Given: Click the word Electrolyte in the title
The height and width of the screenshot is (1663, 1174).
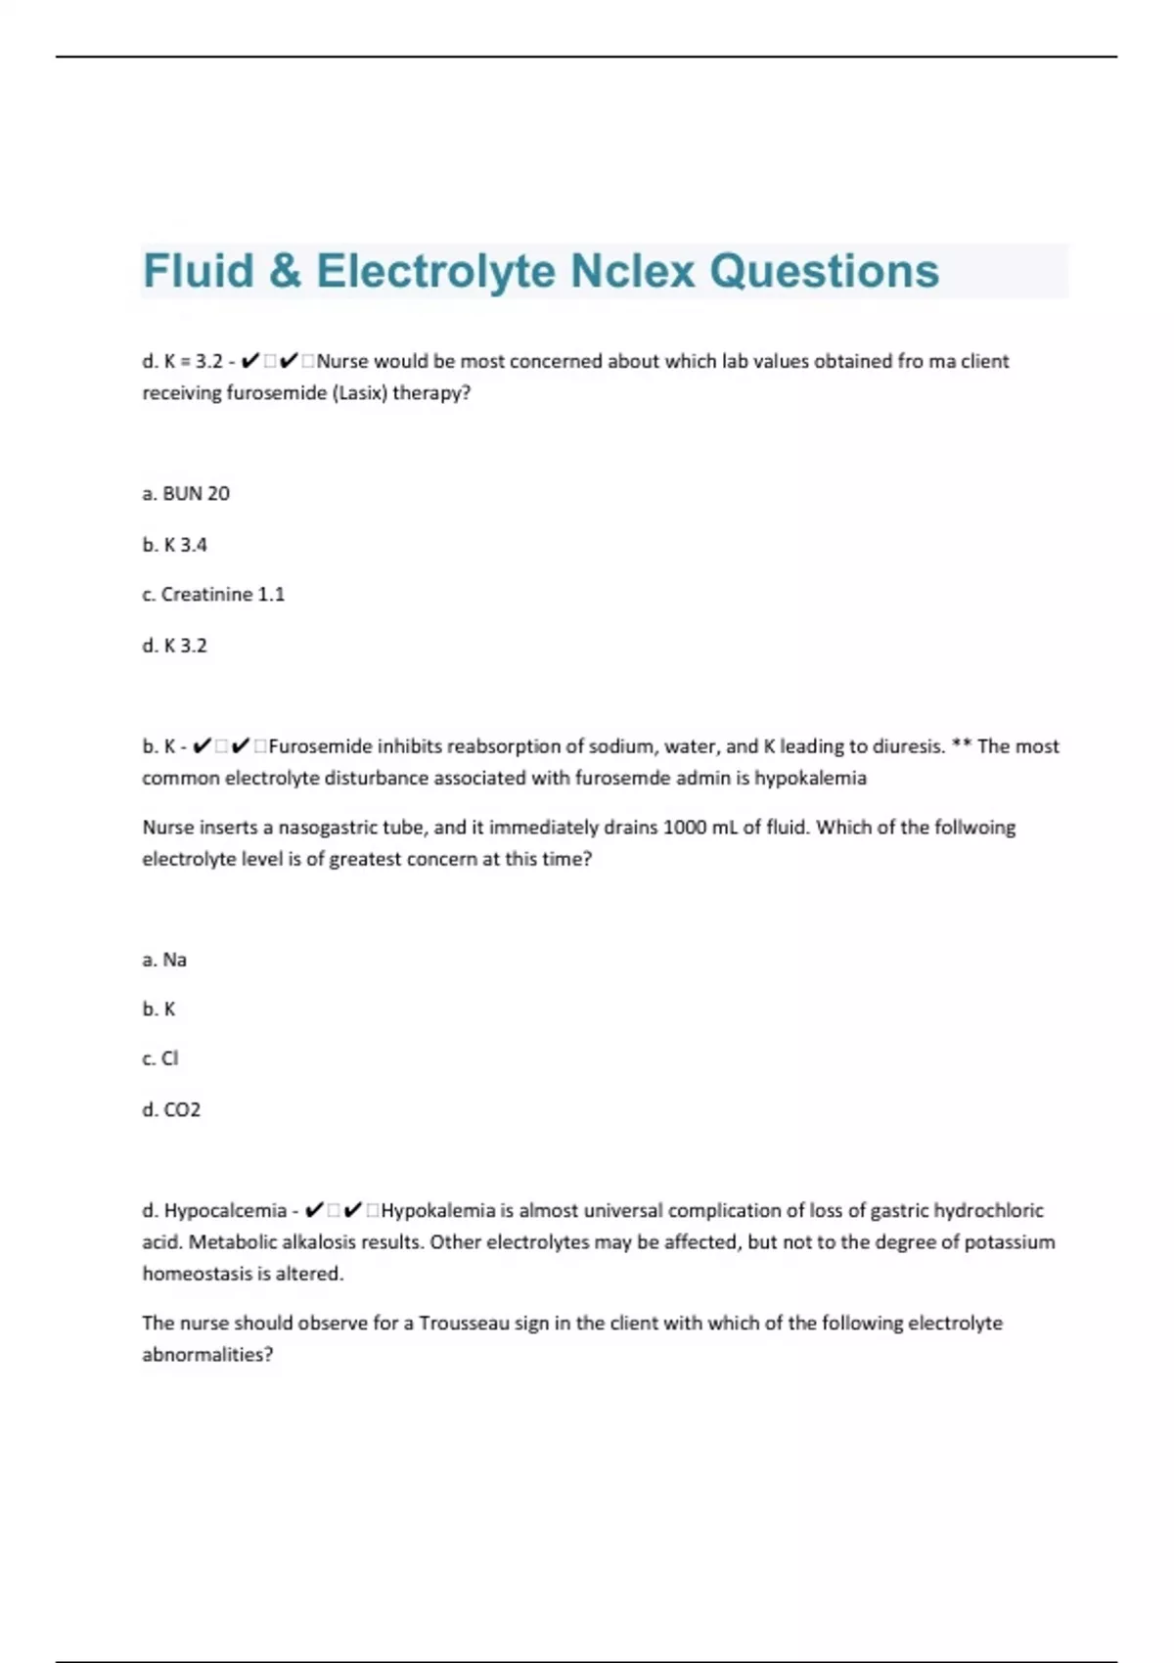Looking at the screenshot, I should pos(435,271).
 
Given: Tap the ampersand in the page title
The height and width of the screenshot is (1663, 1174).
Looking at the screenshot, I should pos(285,271).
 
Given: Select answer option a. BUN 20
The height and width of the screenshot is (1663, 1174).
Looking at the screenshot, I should pos(186,494).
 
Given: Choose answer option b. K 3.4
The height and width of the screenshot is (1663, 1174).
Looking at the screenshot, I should pos(174,545).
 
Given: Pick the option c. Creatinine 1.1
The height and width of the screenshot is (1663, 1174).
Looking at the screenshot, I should pos(213,595).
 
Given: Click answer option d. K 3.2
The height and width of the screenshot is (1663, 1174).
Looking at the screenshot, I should pos(174,646).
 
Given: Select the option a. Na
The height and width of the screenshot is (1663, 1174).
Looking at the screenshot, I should pos(164,960).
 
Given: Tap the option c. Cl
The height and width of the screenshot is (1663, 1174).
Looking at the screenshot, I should pos(160,1058).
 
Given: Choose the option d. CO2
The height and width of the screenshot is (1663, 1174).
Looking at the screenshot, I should pos(171,1109).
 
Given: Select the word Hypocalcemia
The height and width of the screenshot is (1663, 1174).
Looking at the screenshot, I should pos(225,1211).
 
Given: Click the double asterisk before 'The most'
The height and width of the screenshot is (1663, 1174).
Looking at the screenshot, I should pos(960,746).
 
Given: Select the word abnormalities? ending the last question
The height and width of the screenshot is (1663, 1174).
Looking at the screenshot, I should pos(207,1355).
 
